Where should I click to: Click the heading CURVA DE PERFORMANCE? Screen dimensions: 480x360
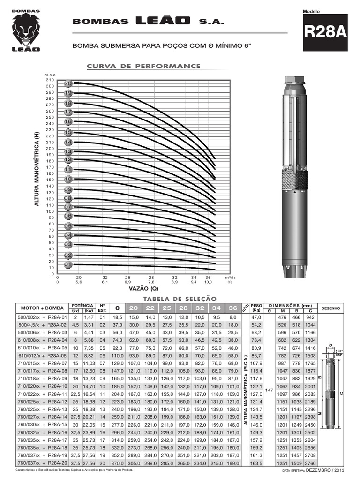tap(143, 66)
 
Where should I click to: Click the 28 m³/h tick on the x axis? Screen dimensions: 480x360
tap(151, 277)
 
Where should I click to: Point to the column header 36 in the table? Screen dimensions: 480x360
tap(232, 308)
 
